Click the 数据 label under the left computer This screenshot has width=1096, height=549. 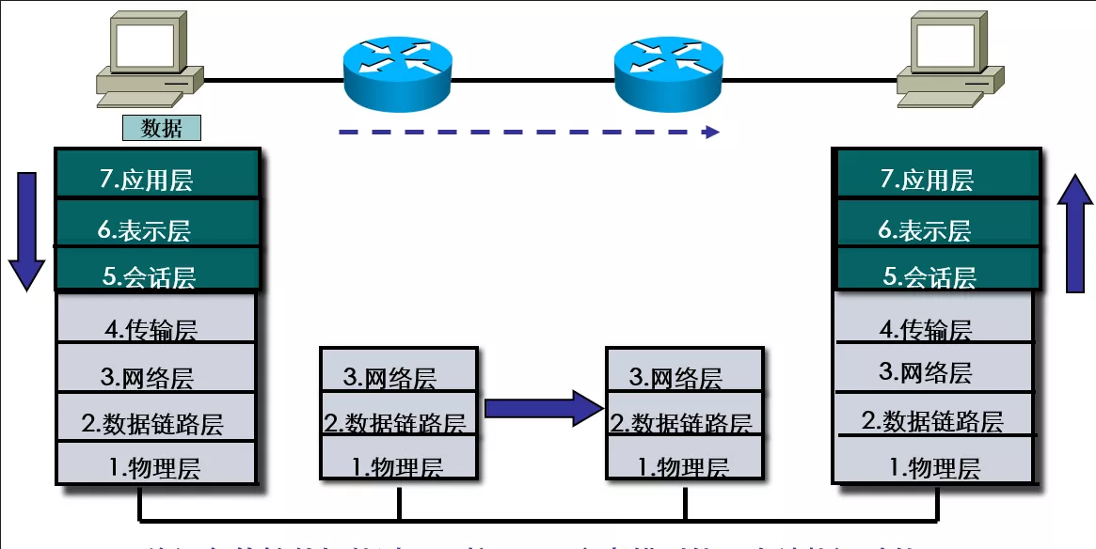[161, 129]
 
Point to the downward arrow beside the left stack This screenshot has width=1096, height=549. [27, 230]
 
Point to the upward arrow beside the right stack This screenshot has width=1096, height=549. [1075, 235]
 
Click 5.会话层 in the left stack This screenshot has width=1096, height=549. [157, 274]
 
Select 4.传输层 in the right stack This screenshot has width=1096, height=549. [938, 328]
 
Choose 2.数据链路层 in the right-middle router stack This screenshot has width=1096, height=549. [683, 422]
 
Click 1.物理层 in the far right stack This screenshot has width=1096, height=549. [938, 466]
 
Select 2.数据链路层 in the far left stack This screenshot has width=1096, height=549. [157, 422]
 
